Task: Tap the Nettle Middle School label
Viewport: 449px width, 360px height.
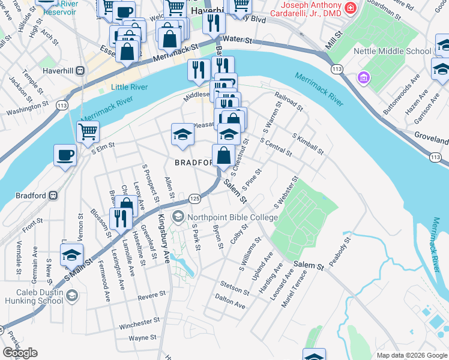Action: click(x=393, y=52)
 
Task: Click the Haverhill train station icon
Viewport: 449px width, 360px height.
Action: click(x=79, y=70)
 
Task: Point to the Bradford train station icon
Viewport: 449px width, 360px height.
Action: click(x=53, y=196)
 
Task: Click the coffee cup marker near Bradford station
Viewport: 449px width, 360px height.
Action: click(x=65, y=156)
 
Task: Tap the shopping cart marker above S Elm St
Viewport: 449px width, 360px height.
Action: click(x=88, y=131)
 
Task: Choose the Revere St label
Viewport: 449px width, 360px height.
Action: click(x=151, y=296)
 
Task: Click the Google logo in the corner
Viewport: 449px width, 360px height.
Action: click(x=20, y=353)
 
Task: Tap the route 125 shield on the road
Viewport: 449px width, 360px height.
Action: click(x=194, y=198)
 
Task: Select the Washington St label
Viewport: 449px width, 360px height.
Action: click(x=27, y=109)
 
